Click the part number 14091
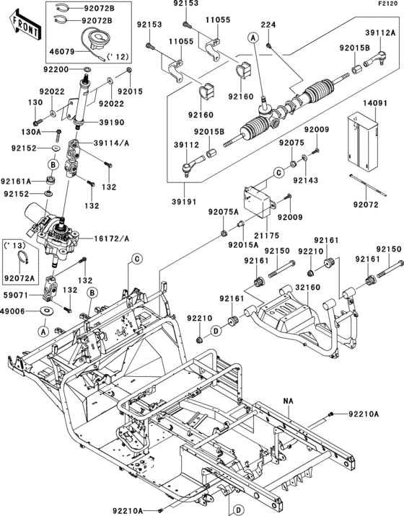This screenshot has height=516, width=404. tap(375, 103)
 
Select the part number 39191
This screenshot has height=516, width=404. tap(184, 202)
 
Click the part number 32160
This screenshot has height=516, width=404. tap(308, 288)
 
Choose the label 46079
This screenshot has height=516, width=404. tap(61, 52)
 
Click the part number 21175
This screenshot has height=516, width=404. tap(267, 236)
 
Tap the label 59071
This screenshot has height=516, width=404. tap(16, 295)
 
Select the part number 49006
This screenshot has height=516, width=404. tap(13, 311)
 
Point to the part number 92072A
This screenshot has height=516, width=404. tap(19, 278)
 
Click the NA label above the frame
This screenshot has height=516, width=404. tap(288, 401)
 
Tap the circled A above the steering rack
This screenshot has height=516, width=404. tap(253, 38)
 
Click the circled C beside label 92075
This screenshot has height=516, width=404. tap(278, 172)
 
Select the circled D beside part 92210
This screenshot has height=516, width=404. tap(216, 331)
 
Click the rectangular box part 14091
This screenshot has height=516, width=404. tap(363, 142)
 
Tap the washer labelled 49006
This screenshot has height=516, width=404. tap(47, 311)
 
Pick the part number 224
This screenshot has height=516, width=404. tap(268, 25)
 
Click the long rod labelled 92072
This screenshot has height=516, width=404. tap(368, 186)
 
